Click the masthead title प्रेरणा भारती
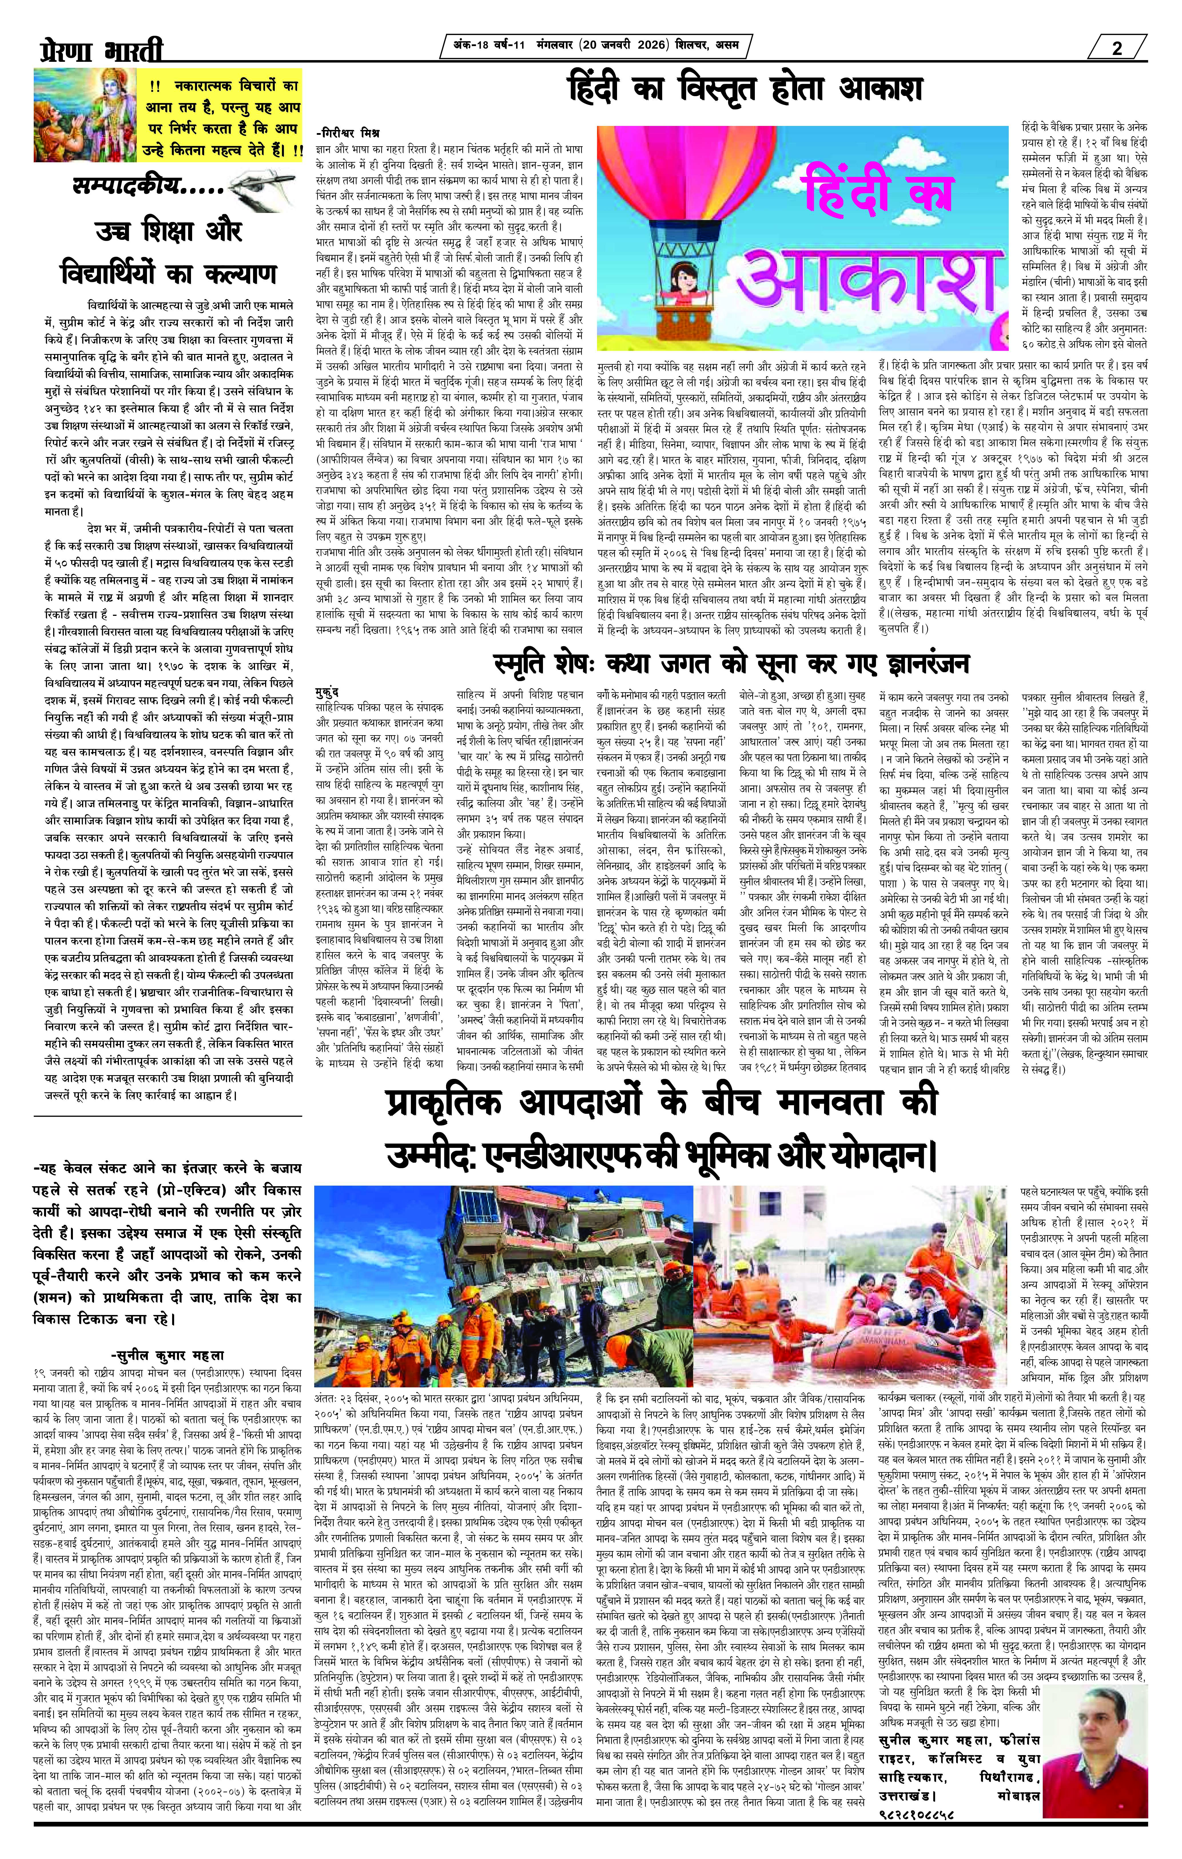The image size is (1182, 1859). [x=100, y=51]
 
